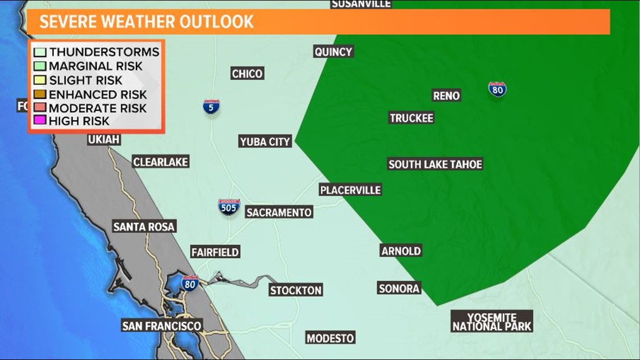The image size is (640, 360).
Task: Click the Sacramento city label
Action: point(279,212)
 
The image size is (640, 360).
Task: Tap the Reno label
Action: point(446,95)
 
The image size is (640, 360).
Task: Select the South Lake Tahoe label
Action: point(435,164)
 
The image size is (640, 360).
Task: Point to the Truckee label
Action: point(412,118)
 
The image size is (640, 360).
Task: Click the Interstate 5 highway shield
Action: point(211,107)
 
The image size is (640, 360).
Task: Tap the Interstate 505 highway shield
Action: point(228,207)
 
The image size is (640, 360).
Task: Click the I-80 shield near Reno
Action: point(497,89)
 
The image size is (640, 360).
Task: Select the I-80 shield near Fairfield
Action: point(190,283)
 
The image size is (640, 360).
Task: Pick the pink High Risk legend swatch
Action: point(39,121)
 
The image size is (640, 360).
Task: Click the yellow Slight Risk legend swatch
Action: point(39,80)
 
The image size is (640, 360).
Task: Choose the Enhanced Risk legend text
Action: point(98,94)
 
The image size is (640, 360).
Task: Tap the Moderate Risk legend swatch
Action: point(39,108)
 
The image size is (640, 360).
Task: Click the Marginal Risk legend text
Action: point(95,66)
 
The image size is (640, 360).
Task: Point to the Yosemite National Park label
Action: point(492,321)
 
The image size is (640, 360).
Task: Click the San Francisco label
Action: point(162,326)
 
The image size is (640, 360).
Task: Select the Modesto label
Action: point(330,338)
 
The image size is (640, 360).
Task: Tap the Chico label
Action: point(247,74)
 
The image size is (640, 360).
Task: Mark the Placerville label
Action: point(350,190)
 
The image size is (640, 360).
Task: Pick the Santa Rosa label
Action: point(144,226)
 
